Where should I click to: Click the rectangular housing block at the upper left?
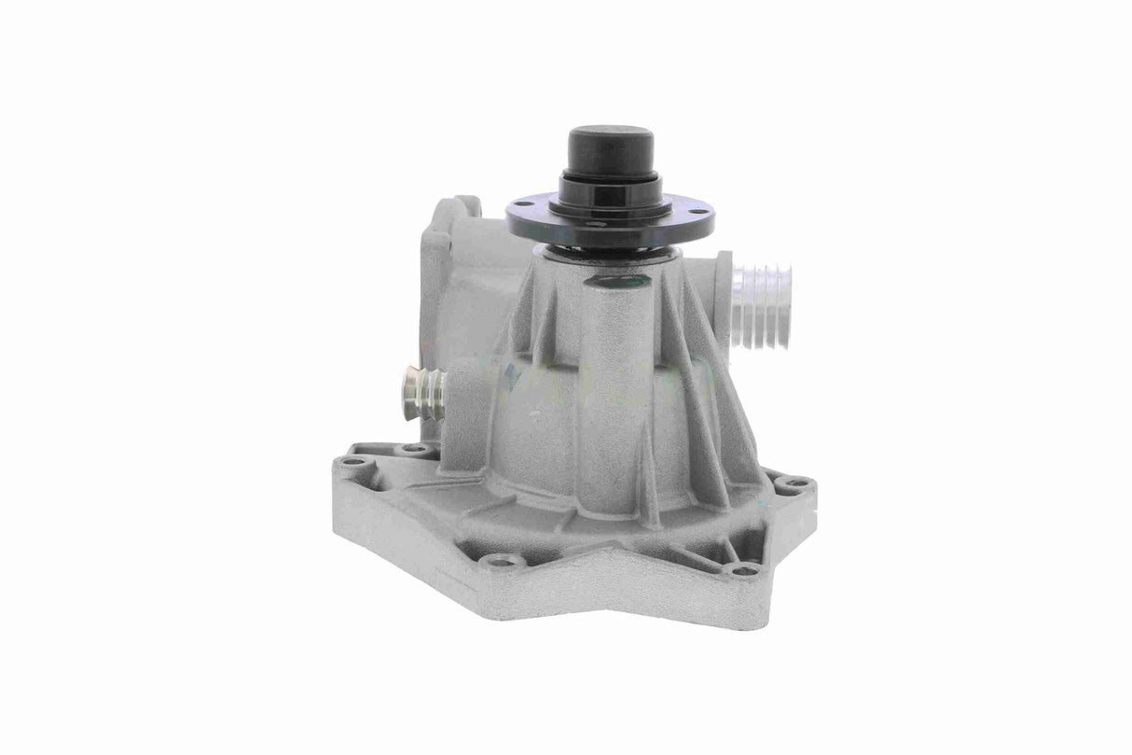pyautogui.click(x=457, y=271)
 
